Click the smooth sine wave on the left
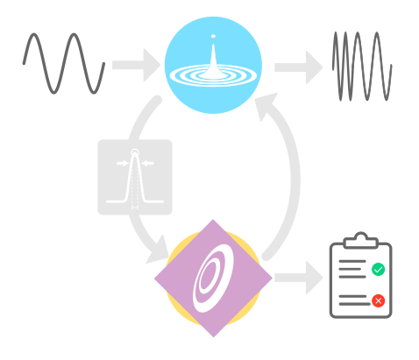pyautogui.click(x=63, y=63)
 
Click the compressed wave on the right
pyautogui.click(x=361, y=66)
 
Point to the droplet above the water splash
pyautogui.click(x=213, y=36)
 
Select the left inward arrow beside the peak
pyautogui.click(x=122, y=163)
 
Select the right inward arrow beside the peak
pyautogui.click(x=147, y=163)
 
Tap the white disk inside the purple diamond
pyautogui.click(x=213, y=279)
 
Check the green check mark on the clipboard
pyautogui.click(x=378, y=269)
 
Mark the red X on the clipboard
pyautogui.click(x=378, y=300)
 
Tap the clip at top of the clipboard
pyautogui.click(x=360, y=239)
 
